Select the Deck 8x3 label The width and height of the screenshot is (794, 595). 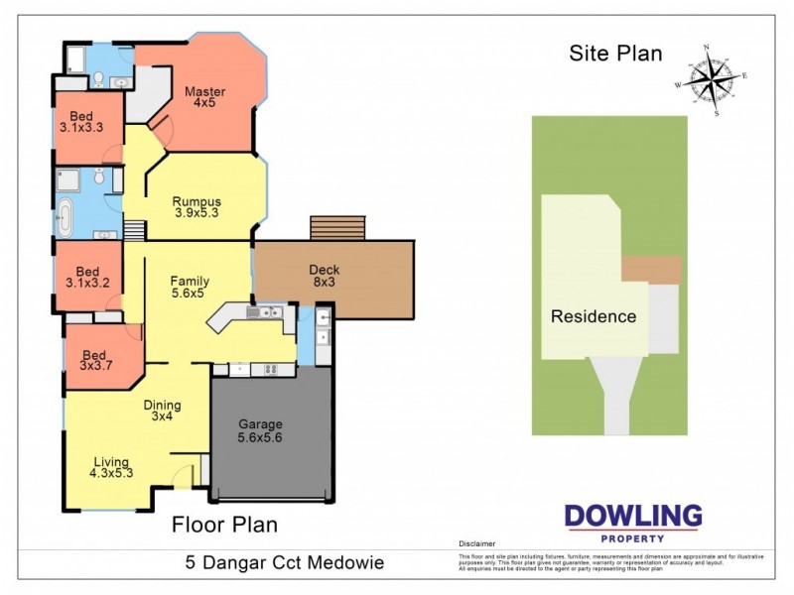tap(325, 276)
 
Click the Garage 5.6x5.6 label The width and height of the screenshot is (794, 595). tap(260, 431)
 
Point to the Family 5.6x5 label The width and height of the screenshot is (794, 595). tap(189, 287)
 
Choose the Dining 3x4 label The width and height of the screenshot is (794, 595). tap(162, 411)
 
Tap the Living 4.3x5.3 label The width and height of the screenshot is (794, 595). tap(111, 468)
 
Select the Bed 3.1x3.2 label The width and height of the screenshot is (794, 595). tap(88, 277)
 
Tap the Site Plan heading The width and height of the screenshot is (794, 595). tap(615, 54)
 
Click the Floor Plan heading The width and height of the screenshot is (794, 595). tap(225, 525)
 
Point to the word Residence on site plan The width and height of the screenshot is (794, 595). tap(594, 317)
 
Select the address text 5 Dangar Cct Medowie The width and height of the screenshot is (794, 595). tap(284, 563)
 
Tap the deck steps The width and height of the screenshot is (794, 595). tap(338, 228)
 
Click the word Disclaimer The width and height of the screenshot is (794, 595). tap(477, 544)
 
